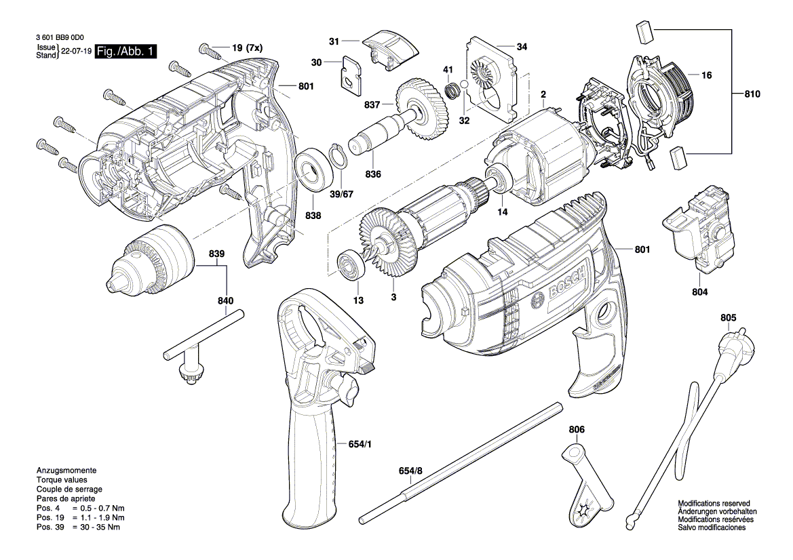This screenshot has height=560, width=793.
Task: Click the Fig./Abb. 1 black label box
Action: tap(126, 52)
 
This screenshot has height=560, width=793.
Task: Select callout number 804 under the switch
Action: tap(700, 292)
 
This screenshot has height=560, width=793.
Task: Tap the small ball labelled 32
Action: tap(464, 85)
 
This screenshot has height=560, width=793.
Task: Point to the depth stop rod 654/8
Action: tap(461, 461)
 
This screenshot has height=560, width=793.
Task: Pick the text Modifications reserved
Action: tap(718, 503)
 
